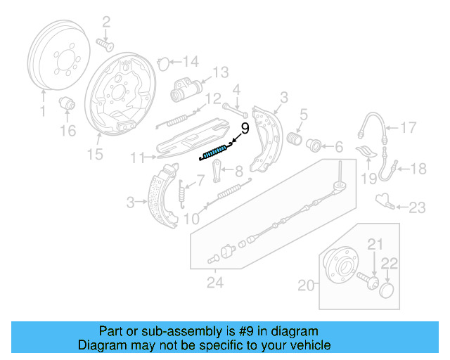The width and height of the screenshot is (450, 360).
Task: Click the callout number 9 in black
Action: (x=245, y=129)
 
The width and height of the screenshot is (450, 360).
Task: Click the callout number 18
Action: (x=418, y=168)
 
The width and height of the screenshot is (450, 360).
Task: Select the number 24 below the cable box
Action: (x=214, y=283)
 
